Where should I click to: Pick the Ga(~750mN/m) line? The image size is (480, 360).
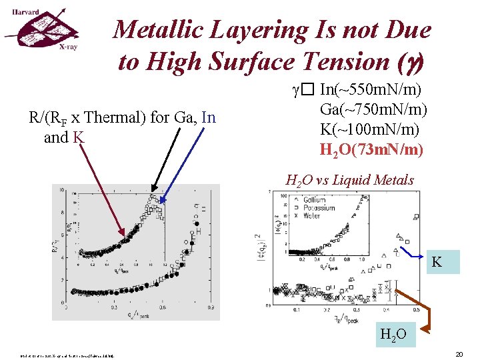tap(374, 109)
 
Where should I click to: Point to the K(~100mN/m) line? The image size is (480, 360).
tap(371, 127)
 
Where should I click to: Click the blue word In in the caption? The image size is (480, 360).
tap(209, 118)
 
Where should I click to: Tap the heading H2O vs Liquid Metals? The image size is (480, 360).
tap(350, 180)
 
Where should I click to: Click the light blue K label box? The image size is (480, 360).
tap(437, 261)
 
